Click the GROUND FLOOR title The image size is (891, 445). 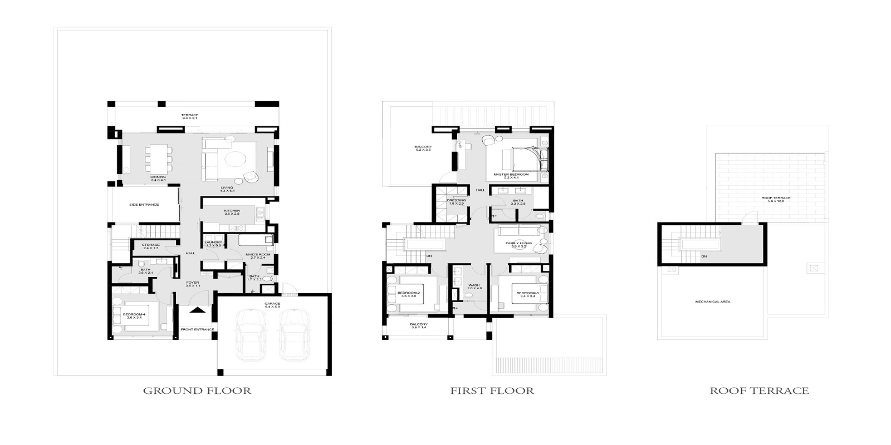point(197,390)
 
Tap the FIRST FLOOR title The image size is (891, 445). point(492,390)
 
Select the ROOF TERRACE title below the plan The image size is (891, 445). point(759,390)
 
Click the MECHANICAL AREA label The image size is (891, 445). point(712,301)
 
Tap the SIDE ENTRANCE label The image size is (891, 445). point(144,205)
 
